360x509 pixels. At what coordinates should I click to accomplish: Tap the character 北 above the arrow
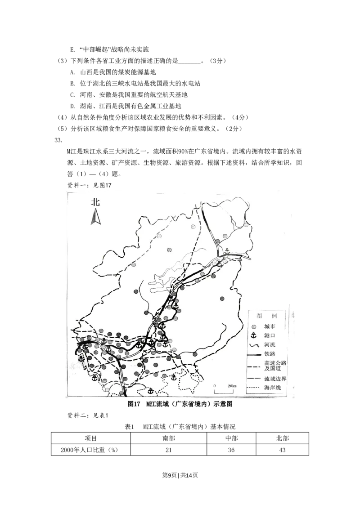pos(95,202)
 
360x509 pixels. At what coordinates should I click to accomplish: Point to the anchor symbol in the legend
pos(253,336)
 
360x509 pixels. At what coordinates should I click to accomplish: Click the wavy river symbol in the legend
pos(253,345)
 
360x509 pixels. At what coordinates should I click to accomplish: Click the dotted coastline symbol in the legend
pos(254,388)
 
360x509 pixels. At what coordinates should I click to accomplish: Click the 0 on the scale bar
pos(215,386)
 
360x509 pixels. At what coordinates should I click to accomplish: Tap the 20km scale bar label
pos(232,386)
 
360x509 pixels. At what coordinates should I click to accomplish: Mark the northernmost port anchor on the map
pos(227,251)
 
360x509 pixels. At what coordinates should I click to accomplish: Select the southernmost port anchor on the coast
pos(151,391)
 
